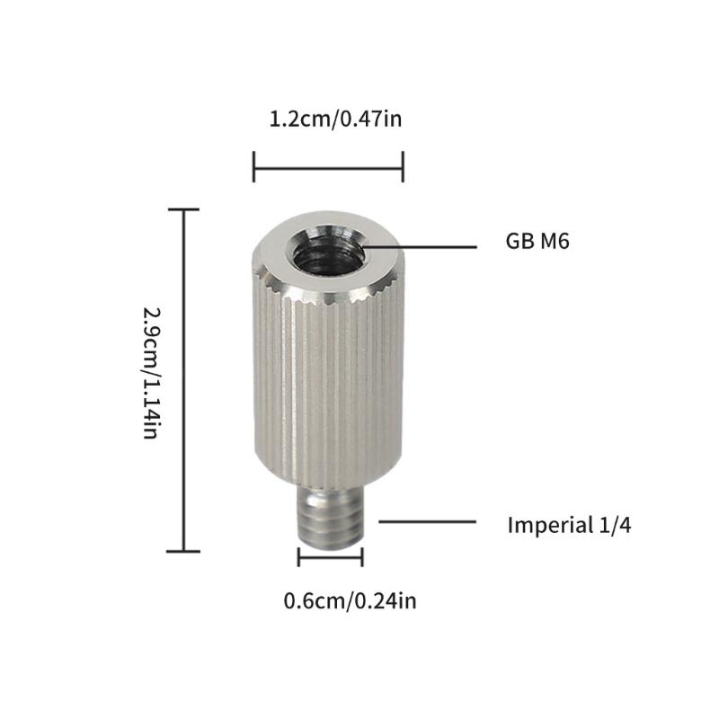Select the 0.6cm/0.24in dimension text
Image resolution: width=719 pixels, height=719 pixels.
350,600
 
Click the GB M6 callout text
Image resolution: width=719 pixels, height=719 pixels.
537,241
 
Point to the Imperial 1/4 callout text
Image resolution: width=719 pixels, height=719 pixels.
569,526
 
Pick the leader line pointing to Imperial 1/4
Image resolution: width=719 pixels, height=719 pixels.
426,520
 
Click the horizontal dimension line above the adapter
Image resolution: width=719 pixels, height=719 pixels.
328,166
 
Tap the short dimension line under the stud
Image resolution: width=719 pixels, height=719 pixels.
330,557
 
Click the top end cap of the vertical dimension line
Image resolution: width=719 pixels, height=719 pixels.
184,209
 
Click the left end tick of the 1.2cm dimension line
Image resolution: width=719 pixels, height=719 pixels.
254,166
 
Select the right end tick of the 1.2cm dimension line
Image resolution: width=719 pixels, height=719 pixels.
402,166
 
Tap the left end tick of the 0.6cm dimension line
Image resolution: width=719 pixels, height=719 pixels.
299,557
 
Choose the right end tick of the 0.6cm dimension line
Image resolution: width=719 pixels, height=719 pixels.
361,557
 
